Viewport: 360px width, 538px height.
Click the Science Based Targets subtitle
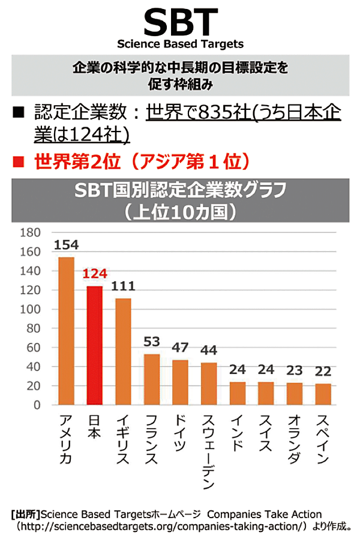(180, 44)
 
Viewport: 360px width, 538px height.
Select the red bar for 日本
(94, 345)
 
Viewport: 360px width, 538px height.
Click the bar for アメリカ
(66, 331)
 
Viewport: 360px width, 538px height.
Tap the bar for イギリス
(123, 351)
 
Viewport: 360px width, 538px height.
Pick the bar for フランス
(152, 379)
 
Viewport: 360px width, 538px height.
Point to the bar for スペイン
(323, 394)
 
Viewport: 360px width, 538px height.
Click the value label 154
(66, 245)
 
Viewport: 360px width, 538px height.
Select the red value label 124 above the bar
(94, 274)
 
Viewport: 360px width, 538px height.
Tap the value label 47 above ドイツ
(180, 348)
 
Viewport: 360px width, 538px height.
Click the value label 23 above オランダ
(294, 370)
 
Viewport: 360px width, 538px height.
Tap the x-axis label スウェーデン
(209, 450)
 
